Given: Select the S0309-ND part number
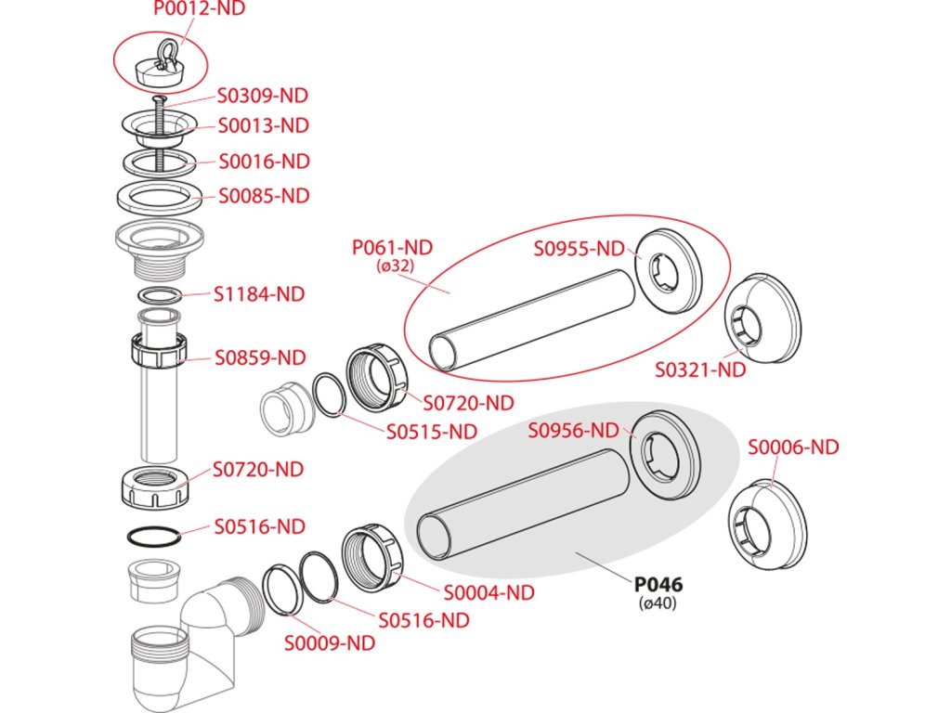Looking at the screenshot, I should (x=263, y=97).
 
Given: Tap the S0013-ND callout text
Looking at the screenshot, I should (x=264, y=125).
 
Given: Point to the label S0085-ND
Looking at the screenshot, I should (x=264, y=197).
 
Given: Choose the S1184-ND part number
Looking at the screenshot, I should (x=259, y=295).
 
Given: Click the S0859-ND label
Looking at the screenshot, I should (x=261, y=357).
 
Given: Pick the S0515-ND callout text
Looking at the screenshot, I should (x=432, y=432).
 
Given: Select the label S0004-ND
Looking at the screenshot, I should (x=489, y=592).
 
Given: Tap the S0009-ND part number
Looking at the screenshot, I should (x=330, y=642).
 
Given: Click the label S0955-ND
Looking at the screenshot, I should (x=580, y=249).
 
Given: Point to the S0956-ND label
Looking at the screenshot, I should (x=573, y=430).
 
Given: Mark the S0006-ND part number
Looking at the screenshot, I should (x=794, y=447).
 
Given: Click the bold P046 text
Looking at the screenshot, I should (x=658, y=585).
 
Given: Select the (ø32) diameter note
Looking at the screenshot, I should (x=395, y=266).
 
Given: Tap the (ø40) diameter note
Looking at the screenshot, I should (x=658, y=603).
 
